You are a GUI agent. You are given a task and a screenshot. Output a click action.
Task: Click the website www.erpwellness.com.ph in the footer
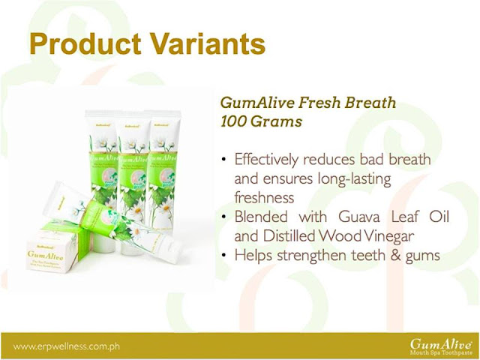click(66, 346)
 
